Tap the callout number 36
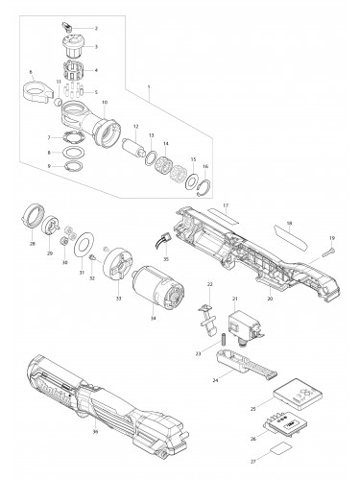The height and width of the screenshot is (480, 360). (x=95, y=433)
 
